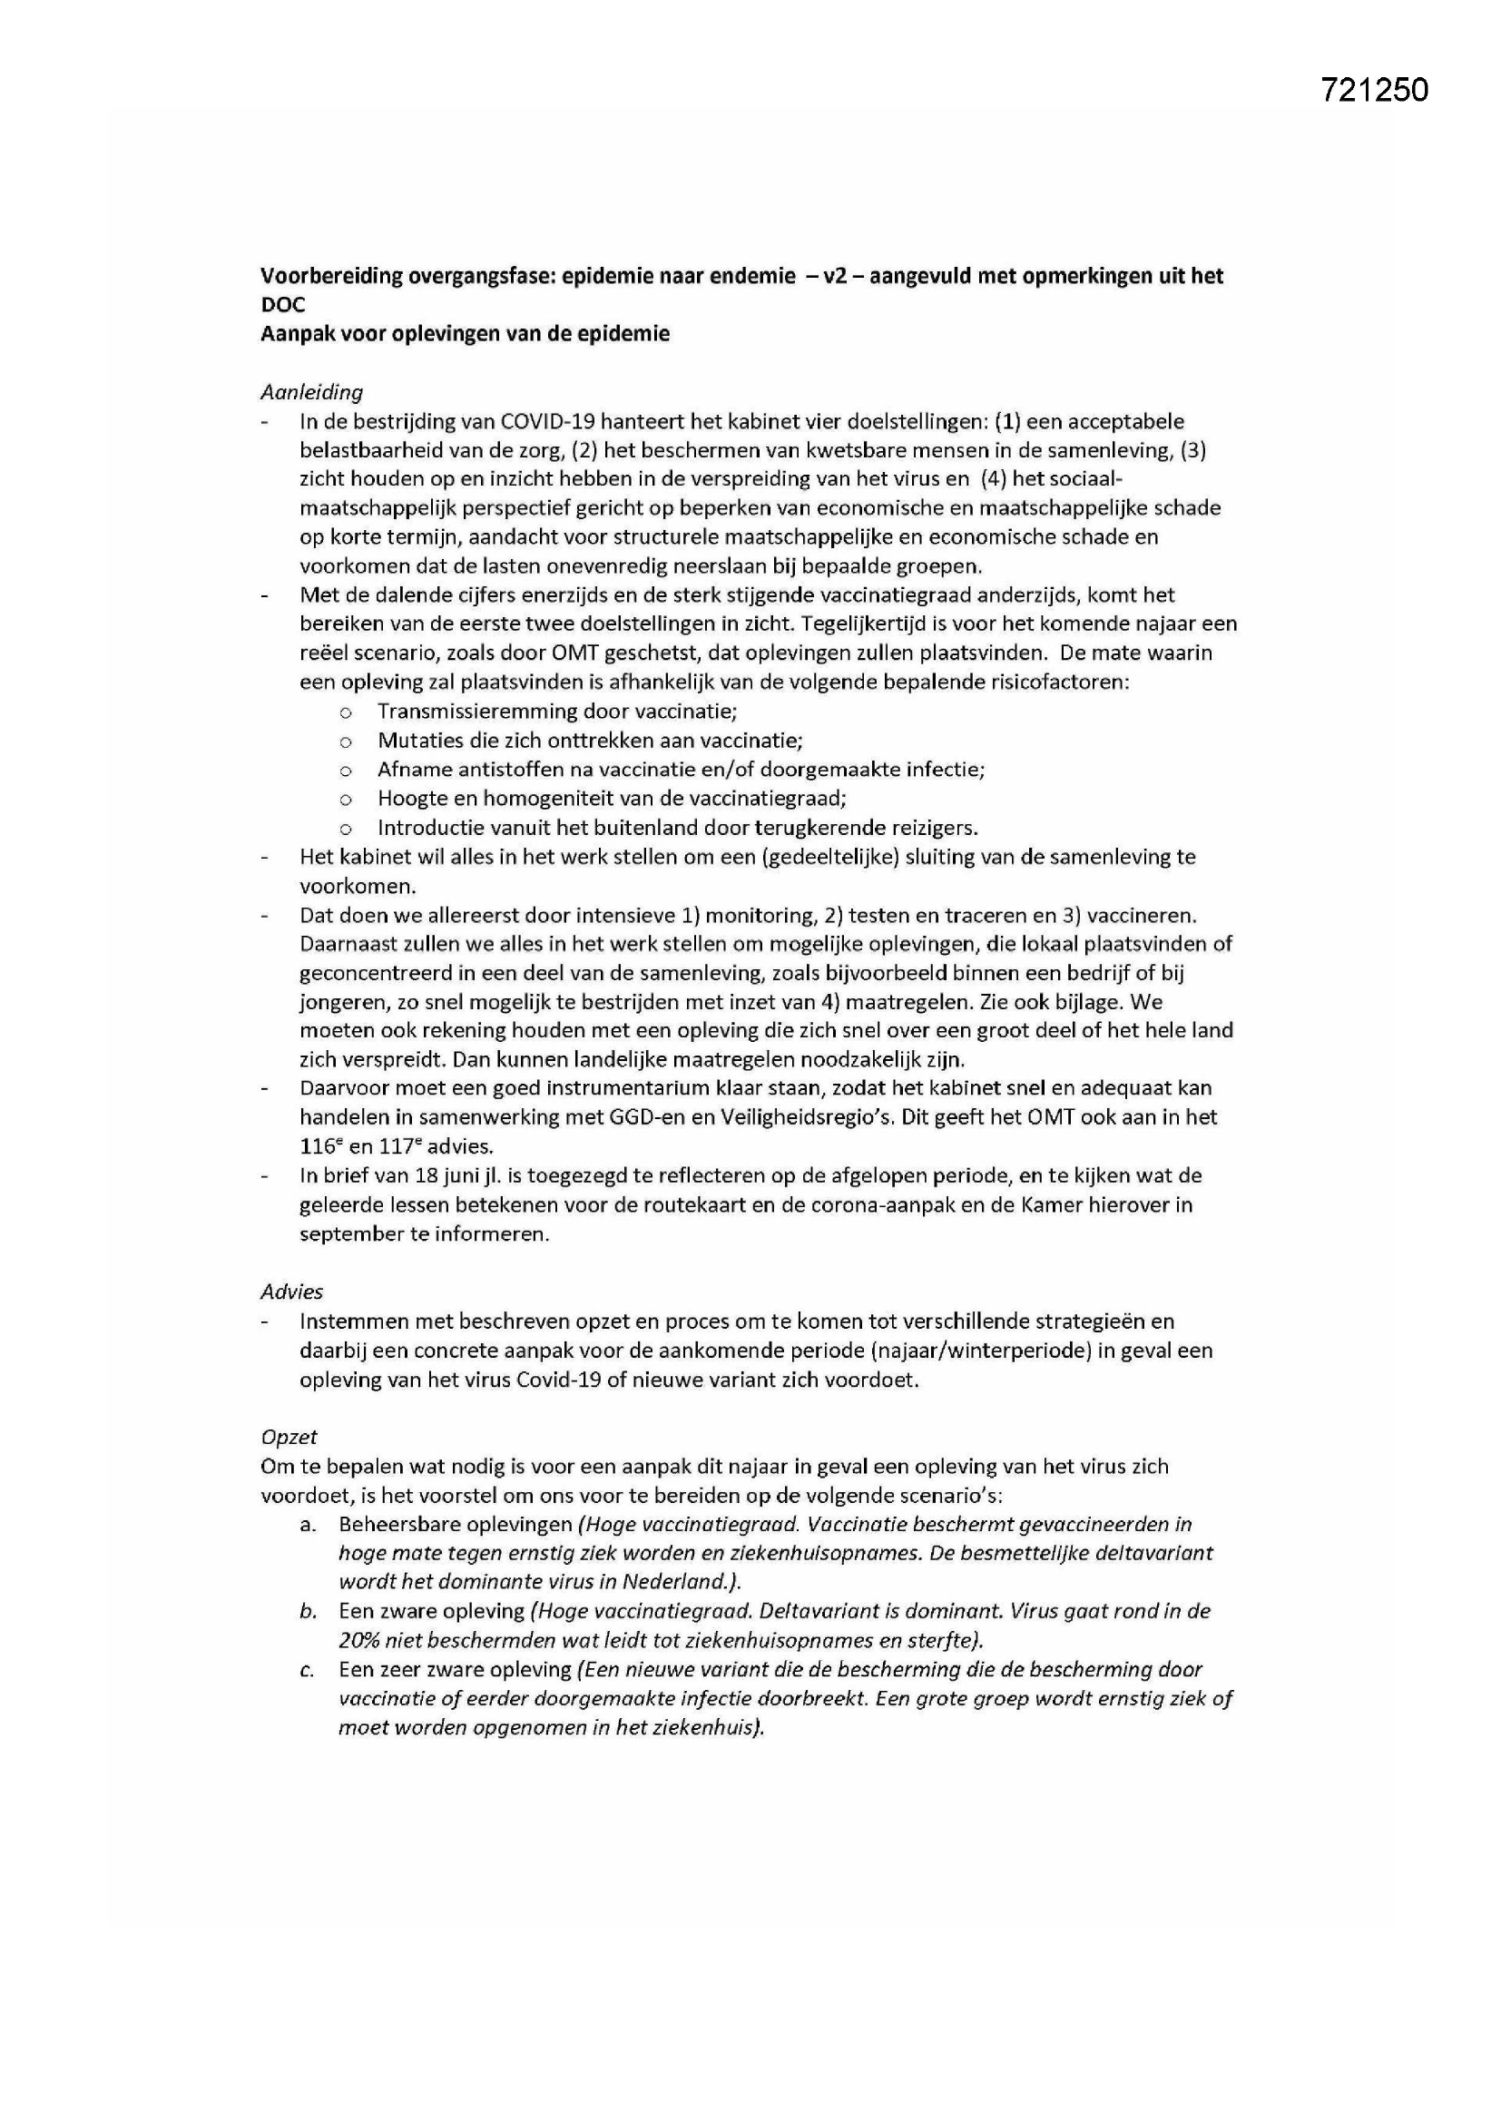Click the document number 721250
[x=1373, y=91]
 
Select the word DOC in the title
[x=283, y=305]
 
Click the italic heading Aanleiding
[x=311, y=392]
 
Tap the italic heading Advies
[x=292, y=1292]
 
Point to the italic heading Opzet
[x=289, y=1436]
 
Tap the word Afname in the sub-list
[x=410, y=770]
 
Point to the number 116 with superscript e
[x=319, y=1147]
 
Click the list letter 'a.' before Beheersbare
[x=309, y=1525]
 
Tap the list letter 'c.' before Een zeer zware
[x=309, y=1670]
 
